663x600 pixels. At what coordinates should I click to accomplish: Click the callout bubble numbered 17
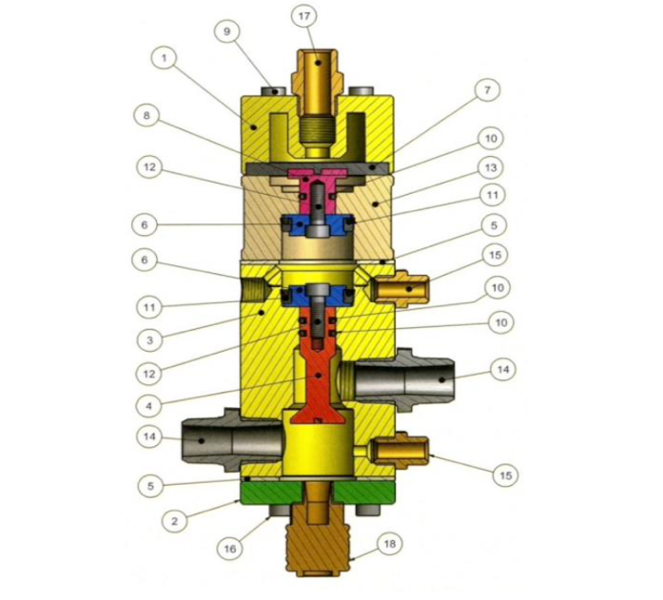tap(304, 16)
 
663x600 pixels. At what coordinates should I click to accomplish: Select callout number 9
tap(227, 31)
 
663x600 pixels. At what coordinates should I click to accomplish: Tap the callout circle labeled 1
tap(164, 58)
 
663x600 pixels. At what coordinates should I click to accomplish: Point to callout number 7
tap(487, 90)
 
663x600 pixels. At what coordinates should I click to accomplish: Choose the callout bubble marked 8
tap(146, 115)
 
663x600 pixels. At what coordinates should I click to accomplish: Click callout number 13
tap(490, 167)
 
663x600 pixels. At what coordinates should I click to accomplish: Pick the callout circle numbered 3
tap(149, 339)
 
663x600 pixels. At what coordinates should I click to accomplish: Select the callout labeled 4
tap(148, 406)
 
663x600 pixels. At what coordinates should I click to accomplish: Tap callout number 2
tap(174, 521)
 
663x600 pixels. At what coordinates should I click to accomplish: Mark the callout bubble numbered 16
tap(229, 549)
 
